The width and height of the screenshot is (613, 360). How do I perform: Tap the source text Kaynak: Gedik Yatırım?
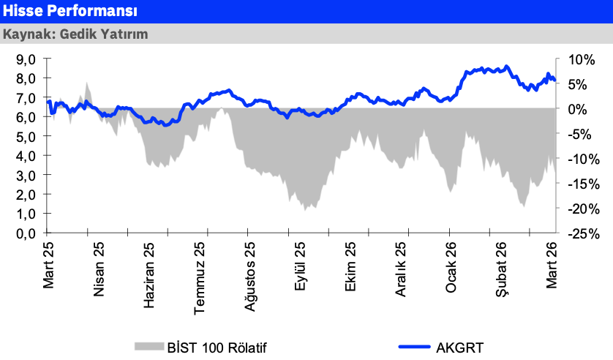coord(75,34)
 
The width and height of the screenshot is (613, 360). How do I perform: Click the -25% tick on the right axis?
coord(574,234)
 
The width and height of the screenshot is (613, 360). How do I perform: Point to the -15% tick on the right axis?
coord(574,184)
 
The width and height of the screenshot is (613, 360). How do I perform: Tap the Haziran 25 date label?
coord(150,275)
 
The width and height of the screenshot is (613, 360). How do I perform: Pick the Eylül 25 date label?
coord(301,267)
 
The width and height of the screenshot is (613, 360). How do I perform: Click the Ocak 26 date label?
coord(451,268)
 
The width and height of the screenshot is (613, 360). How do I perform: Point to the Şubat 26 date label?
coord(502,269)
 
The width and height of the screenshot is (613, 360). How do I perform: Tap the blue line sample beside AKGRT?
coord(414,347)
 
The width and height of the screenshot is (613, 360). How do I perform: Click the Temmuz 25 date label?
coord(200,277)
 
